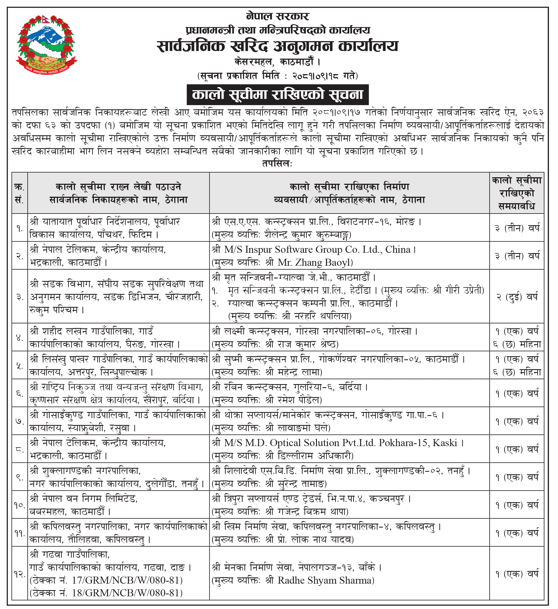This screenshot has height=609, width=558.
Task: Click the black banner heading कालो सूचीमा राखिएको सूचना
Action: tap(277, 95)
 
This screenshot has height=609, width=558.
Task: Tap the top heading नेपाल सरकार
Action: tap(277, 16)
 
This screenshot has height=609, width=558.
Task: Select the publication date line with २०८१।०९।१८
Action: tap(277, 76)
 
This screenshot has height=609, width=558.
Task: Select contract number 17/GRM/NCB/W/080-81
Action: tap(127, 580)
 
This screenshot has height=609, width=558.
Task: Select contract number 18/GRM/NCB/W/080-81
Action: tap(127, 593)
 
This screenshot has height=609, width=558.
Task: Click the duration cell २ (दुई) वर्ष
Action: tap(517, 297)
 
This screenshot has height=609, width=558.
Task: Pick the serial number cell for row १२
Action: tap(20, 574)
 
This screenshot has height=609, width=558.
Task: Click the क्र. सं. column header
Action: tap(20, 193)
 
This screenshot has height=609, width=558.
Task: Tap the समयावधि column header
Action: tap(517, 193)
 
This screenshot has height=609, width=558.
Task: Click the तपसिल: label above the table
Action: tap(277, 164)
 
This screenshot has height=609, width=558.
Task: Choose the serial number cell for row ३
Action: tap(20, 297)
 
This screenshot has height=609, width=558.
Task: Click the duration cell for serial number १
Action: tap(517, 228)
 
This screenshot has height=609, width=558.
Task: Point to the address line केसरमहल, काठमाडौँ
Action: tap(277, 62)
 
